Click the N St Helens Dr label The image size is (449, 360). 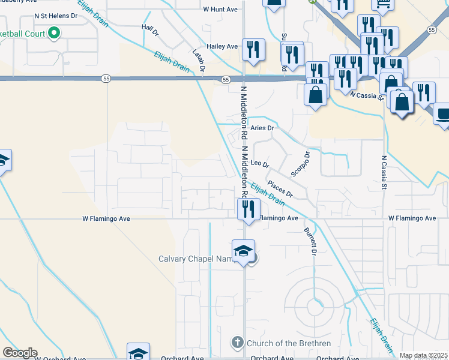(x=56, y=16)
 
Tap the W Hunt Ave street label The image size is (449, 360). (x=220, y=9)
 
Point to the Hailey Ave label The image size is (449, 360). (x=222, y=46)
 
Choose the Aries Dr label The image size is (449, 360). (x=262, y=128)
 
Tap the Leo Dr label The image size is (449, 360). (x=260, y=163)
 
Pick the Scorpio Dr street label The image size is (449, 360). (x=300, y=164)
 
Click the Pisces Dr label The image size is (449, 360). (x=280, y=189)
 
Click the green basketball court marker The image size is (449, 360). (x=54, y=32)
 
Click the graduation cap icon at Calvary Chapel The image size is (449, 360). (x=243, y=251)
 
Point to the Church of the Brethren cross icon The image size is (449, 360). (x=238, y=343)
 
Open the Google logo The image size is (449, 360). (x=20, y=353)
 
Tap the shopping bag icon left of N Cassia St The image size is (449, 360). (x=316, y=94)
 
